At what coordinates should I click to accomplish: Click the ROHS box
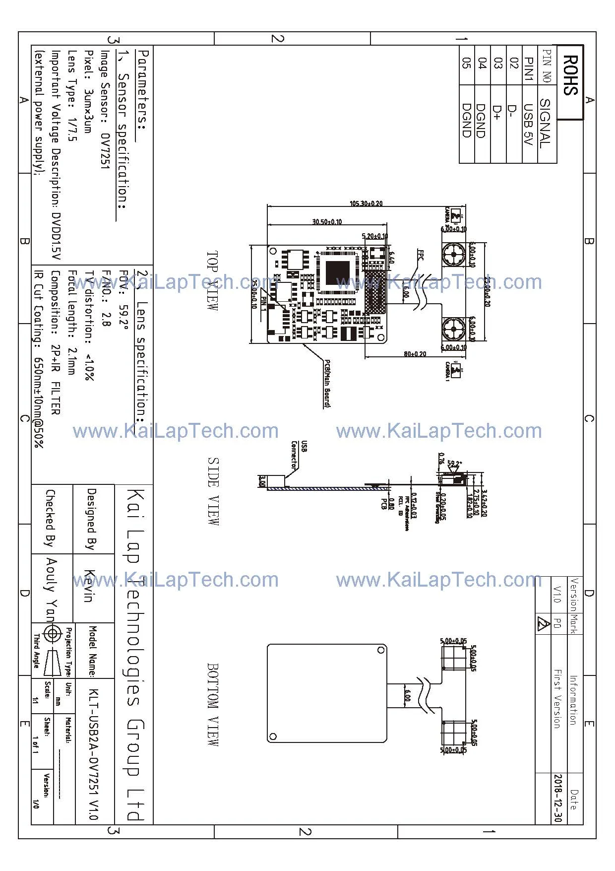[570, 82]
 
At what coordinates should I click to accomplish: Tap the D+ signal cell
[498, 114]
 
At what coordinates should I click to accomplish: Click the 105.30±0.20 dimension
[366, 203]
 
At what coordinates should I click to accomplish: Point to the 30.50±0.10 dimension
[327, 221]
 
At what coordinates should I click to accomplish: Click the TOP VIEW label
[212, 281]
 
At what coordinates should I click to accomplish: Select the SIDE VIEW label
[212, 491]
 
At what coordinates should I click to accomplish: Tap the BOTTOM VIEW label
[212, 704]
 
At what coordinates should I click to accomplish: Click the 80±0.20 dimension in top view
[415, 354]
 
